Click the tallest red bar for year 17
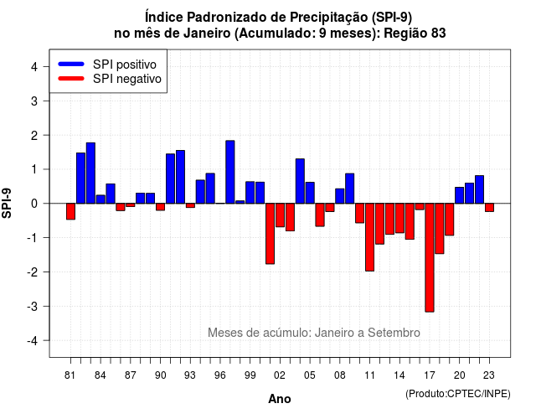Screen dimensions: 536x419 430,257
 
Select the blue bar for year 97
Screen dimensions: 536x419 230,172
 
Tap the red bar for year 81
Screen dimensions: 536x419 70,211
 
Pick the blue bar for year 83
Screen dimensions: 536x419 90,173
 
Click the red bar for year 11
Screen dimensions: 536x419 370,237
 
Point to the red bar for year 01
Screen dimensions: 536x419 270,234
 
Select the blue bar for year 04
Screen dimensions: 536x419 300,181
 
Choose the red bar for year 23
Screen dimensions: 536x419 489,208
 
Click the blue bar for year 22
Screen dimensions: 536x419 480,189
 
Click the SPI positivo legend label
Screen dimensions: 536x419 125,65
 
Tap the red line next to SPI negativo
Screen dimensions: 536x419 71,79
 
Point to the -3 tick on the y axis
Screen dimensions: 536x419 47,306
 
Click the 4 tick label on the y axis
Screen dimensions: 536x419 34,67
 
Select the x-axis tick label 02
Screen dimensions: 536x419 280,375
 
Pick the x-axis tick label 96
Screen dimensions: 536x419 219,375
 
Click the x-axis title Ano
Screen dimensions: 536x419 280,399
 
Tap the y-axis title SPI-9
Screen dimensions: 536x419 7,203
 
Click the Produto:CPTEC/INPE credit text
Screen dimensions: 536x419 458,394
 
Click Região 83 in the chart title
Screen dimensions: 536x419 415,34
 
